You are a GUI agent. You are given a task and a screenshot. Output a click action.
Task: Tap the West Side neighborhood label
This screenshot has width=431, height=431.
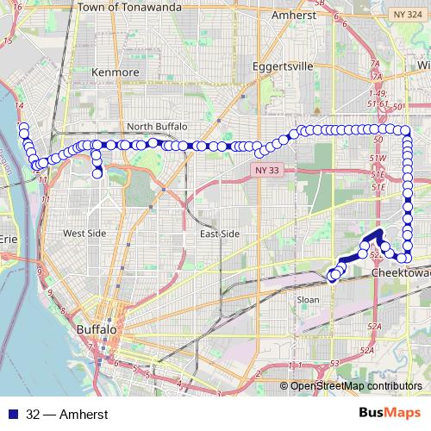pyautogui.click(x=84, y=234)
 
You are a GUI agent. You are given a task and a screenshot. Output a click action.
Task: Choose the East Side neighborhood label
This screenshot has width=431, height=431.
pyautogui.click(x=219, y=234)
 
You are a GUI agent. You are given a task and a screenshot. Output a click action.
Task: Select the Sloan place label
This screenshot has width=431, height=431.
pyautogui.click(x=308, y=300)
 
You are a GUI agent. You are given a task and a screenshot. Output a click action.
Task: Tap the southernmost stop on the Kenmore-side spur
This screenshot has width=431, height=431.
pyautogui.click(x=97, y=173)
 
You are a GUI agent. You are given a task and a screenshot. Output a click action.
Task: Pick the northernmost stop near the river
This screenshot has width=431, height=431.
pyautogui.click(x=23, y=128)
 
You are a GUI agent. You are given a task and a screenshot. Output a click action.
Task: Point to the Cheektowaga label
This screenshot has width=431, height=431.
pyautogui.click(x=401, y=272)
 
